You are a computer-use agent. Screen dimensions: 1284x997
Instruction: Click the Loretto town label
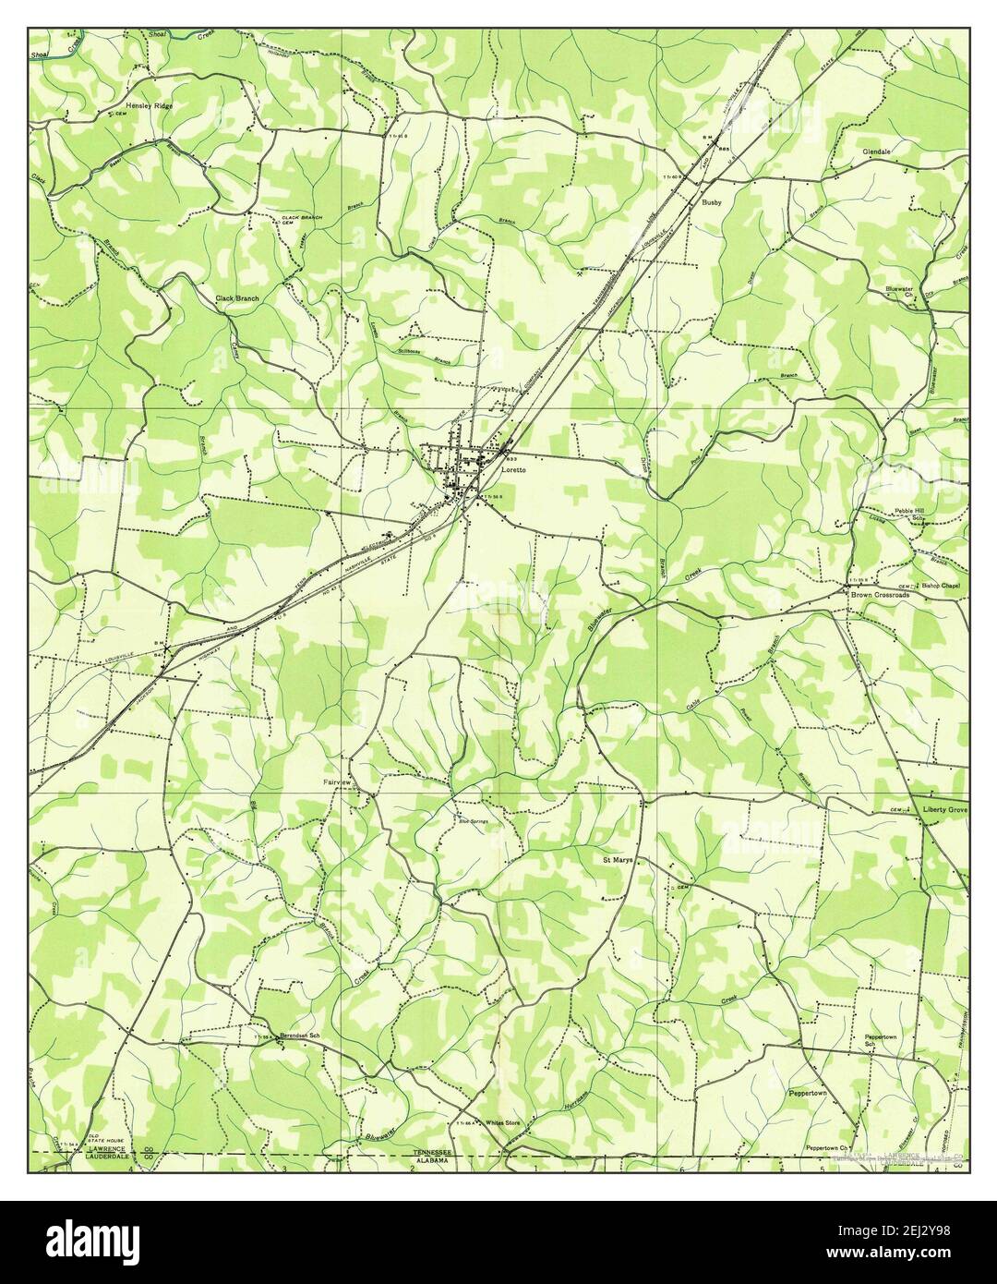click(513, 470)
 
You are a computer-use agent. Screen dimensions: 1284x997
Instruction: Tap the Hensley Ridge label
click(150, 106)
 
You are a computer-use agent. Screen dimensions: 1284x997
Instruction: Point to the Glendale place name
click(876, 151)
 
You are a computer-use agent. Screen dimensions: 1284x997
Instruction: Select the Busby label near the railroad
click(711, 200)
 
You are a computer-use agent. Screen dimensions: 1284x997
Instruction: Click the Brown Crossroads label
click(879, 596)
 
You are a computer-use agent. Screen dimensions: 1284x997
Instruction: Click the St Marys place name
click(618, 860)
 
